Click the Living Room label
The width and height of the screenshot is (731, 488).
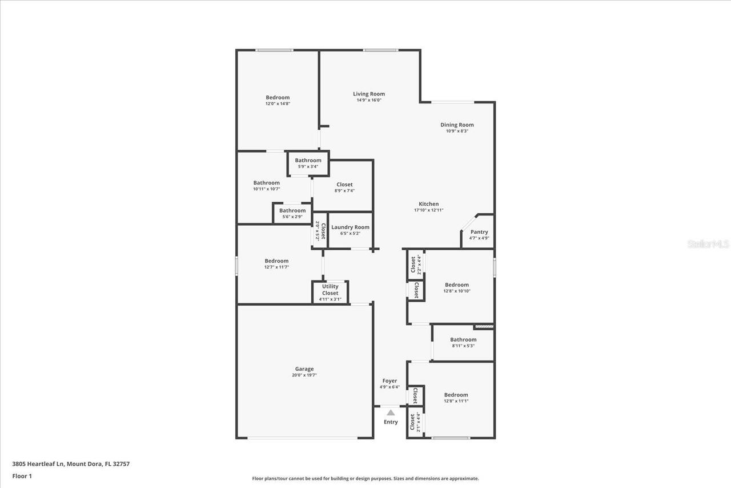(368, 94)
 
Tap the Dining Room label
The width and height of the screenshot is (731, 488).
(457, 125)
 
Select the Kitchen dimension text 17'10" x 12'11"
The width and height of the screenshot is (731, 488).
(428, 210)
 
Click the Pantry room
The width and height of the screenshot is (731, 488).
(479, 234)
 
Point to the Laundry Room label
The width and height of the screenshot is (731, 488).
(350, 227)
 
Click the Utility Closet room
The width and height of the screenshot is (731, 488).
(330, 292)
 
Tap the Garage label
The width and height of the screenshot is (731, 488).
(304, 369)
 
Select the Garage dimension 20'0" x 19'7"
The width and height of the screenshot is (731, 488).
(304, 375)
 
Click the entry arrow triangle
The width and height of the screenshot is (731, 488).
(391, 412)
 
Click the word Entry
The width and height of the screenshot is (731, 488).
(391, 422)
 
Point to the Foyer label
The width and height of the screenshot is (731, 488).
(389, 381)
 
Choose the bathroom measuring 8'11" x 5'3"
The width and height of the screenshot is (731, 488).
(463, 342)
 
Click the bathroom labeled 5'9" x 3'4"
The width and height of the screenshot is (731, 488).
(308, 163)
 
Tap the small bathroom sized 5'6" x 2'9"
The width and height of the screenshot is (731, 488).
(292, 213)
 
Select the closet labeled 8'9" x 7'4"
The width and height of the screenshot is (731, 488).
(344, 187)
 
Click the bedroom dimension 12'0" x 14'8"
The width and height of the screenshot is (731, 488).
(278, 103)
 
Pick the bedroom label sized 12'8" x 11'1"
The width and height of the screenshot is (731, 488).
(456, 395)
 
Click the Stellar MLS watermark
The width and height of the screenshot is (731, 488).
(708, 244)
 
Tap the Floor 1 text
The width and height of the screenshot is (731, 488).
(22, 475)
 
